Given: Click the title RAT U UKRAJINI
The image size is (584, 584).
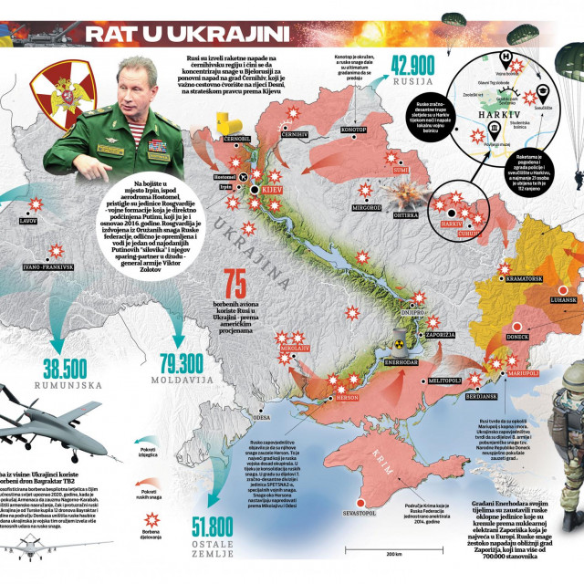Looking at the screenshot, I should click(x=187, y=35).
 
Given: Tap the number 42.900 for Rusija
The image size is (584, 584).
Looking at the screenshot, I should click(x=412, y=65).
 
